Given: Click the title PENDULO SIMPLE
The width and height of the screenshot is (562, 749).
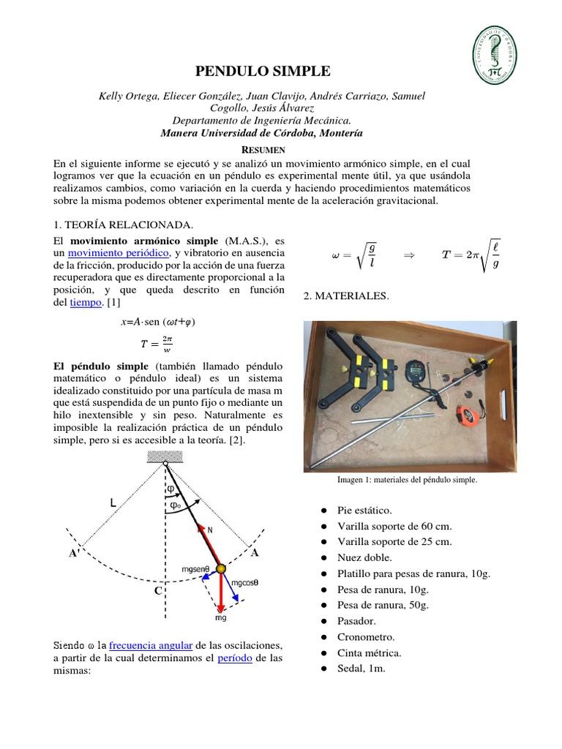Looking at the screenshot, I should point(263,71).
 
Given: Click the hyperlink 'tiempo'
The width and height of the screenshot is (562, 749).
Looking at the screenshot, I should point(85,302).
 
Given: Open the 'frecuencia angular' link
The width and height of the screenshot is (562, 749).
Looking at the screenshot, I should point(151,645).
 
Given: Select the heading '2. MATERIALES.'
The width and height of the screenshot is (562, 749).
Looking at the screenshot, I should point(344,296).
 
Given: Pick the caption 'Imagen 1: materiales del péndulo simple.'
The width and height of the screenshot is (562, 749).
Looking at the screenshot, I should point(407,480).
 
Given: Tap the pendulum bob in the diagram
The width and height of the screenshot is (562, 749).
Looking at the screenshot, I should point(221,568).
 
